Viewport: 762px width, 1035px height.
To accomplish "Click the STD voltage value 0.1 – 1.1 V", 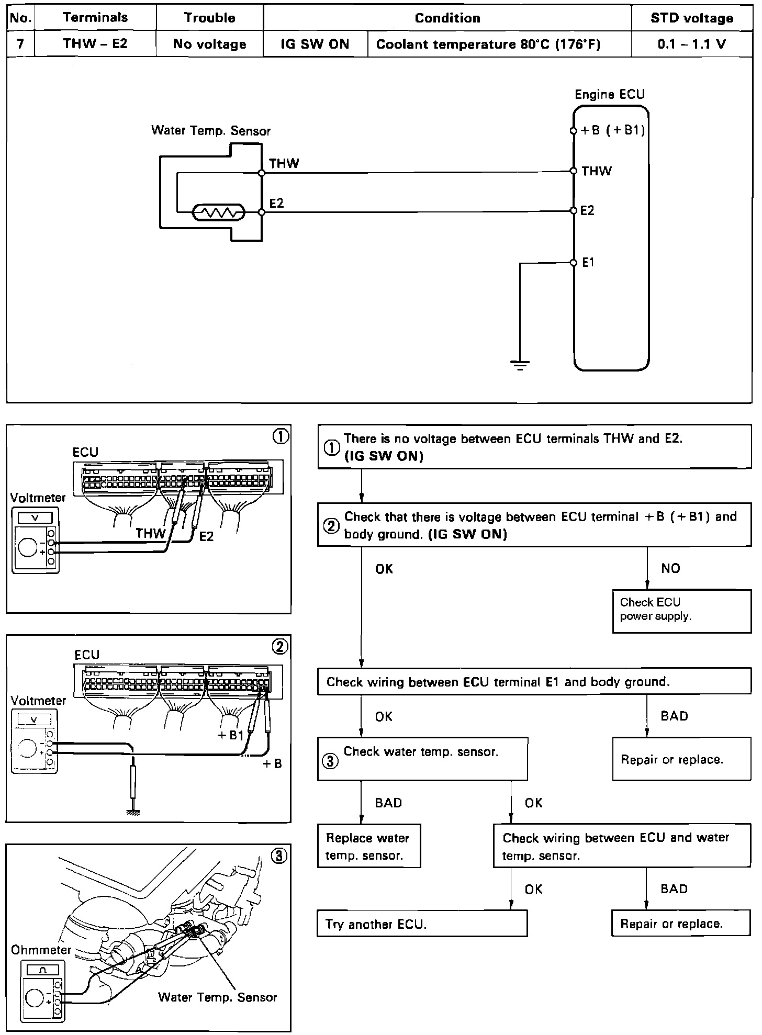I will coord(691,44).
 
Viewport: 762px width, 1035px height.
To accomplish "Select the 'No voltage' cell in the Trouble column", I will coord(209,44).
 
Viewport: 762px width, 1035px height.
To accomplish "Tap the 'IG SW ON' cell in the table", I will coord(315,44).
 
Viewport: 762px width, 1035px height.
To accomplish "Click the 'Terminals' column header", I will coord(95,17).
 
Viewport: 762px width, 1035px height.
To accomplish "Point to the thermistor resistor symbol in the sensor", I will coord(218,212).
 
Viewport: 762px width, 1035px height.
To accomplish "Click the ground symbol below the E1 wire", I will coord(520,365).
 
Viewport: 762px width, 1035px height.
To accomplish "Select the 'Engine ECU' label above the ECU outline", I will coord(610,94).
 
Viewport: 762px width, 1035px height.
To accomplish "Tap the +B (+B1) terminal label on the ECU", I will coord(612,130).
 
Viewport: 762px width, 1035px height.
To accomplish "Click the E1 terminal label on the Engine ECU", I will coord(588,263).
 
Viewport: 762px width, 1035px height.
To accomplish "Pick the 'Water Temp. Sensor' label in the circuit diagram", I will coord(210,130).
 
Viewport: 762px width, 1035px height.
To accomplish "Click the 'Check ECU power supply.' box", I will coord(681,611).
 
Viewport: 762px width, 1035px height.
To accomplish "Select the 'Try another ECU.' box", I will coord(422,924).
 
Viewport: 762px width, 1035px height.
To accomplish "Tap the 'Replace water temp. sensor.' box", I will coord(368,846).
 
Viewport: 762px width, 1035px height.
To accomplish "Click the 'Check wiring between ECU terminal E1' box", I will coord(534,681).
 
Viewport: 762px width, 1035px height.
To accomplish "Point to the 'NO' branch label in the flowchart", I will coord(670,568).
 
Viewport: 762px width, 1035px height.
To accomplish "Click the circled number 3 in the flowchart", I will coord(330,761).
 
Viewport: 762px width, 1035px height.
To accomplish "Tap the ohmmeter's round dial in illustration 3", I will coord(35,998).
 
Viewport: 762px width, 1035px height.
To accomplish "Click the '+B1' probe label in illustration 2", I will coord(231,735).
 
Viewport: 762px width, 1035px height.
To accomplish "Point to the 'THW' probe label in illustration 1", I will coord(150,533).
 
